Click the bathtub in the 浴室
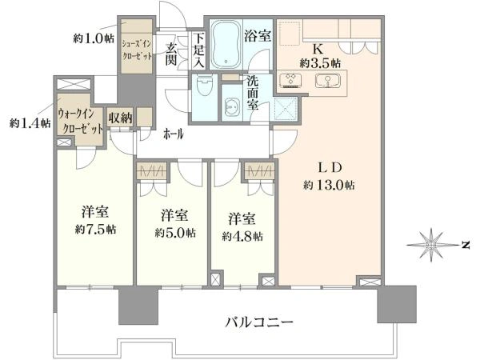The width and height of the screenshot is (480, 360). (226, 44)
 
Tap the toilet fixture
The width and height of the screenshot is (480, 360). (204, 87)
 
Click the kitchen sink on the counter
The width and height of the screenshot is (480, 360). (328, 81)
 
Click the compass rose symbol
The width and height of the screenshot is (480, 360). (431, 245)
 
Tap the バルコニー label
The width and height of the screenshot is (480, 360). (259, 322)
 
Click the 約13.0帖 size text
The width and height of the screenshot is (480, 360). (329, 186)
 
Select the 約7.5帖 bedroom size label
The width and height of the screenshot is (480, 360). (95, 230)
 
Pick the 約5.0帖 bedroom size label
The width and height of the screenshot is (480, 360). (175, 234)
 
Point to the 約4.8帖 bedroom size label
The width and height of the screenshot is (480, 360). (242, 236)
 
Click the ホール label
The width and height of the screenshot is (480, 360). (174, 134)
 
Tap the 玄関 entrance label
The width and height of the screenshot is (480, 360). (171, 54)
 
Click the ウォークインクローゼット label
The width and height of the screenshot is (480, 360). (80, 122)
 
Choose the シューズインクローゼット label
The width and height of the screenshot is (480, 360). (137, 50)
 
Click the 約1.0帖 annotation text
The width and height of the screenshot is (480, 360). (94, 39)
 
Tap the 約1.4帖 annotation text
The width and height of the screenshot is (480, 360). (30, 123)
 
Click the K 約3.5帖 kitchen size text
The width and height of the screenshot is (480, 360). (320, 56)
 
